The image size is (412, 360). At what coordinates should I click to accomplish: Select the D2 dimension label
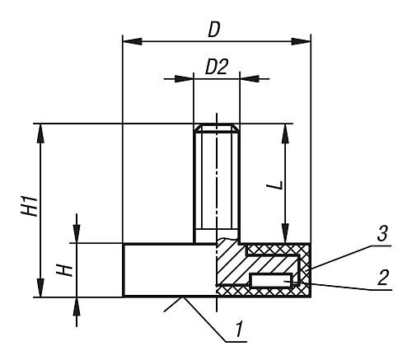[x=216, y=68]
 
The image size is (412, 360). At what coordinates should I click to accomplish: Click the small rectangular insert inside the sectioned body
[x=270, y=282]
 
